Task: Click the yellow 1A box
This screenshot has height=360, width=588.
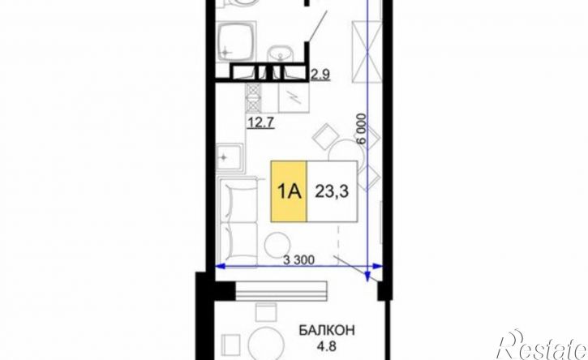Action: coord(289,191)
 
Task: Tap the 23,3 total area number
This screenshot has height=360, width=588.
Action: coord(332,191)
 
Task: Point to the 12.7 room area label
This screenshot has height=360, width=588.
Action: coord(260,122)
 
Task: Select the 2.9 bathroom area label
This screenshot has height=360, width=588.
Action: coord(320,75)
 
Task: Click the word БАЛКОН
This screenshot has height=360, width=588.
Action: coord(327,331)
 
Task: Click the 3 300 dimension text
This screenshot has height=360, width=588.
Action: coord(298,259)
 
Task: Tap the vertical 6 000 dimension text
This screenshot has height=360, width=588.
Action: coord(362,129)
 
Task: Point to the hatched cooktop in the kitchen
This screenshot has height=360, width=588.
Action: coord(253,97)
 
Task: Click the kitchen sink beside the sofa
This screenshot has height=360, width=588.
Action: coord(230,157)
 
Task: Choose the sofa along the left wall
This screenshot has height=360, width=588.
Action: coord(238,221)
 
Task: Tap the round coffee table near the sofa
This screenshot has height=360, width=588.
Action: coord(277,245)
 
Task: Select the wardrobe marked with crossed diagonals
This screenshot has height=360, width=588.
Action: coord(366,52)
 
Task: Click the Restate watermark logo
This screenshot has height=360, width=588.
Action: coord(542,345)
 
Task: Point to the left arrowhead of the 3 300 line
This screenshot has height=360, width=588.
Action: coord(220,267)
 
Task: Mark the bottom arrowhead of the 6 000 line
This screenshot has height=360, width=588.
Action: coord(368,276)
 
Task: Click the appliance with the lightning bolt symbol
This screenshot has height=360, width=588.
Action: coord(294,97)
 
